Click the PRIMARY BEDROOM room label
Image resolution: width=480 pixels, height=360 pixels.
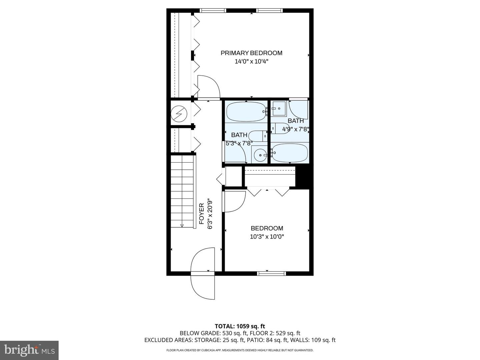pos(251,53)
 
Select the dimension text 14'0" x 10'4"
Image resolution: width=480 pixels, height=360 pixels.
pos(251,61)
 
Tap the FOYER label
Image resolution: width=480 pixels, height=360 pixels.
pos(202,213)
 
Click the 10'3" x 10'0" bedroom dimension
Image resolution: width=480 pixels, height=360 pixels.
pos(267,237)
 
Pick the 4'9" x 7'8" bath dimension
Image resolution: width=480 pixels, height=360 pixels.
pos(296,129)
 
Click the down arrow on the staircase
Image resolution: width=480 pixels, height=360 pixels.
pos(182,225)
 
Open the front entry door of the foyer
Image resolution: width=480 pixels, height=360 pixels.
pos(203,273)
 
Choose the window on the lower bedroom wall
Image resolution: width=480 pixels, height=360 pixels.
pos(272,273)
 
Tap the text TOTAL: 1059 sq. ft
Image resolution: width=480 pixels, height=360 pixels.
pos(240,326)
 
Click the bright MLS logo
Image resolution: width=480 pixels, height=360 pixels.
pos(29,350)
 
